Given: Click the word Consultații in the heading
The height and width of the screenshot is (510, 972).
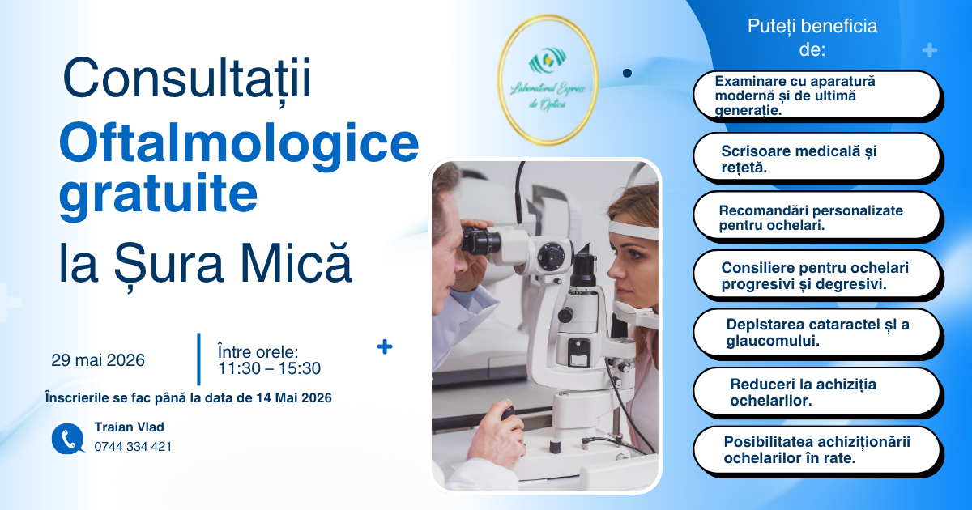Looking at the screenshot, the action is click(x=187, y=79).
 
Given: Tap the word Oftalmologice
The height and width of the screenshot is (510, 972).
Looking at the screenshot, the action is click(x=239, y=142).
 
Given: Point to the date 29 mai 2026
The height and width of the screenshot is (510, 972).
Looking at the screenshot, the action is click(x=98, y=360).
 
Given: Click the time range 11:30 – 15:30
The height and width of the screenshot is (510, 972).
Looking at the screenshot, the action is click(x=269, y=368).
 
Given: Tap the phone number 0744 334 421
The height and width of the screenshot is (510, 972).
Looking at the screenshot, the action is click(x=133, y=447).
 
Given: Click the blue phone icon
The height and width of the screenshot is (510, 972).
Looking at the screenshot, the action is click(x=68, y=439).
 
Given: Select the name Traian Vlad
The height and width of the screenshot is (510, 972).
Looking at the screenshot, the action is click(x=130, y=427).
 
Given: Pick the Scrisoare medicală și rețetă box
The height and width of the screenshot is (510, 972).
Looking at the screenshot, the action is click(x=816, y=156).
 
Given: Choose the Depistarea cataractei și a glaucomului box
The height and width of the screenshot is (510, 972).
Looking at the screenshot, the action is click(x=816, y=332).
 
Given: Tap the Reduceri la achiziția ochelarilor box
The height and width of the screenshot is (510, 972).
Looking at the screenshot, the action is click(x=816, y=391).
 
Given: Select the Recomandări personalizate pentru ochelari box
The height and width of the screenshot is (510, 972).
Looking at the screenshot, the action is click(x=816, y=215).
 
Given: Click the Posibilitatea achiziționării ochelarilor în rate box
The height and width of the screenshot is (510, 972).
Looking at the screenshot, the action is click(x=816, y=450).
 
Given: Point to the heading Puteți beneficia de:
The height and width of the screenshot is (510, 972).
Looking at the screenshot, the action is click(x=812, y=38).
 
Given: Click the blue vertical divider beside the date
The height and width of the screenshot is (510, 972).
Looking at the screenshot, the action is click(x=198, y=359).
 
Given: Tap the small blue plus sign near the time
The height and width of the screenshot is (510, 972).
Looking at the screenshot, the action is click(x=385, y=347).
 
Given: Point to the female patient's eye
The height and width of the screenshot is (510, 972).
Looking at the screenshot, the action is click(x=634, y=253).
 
